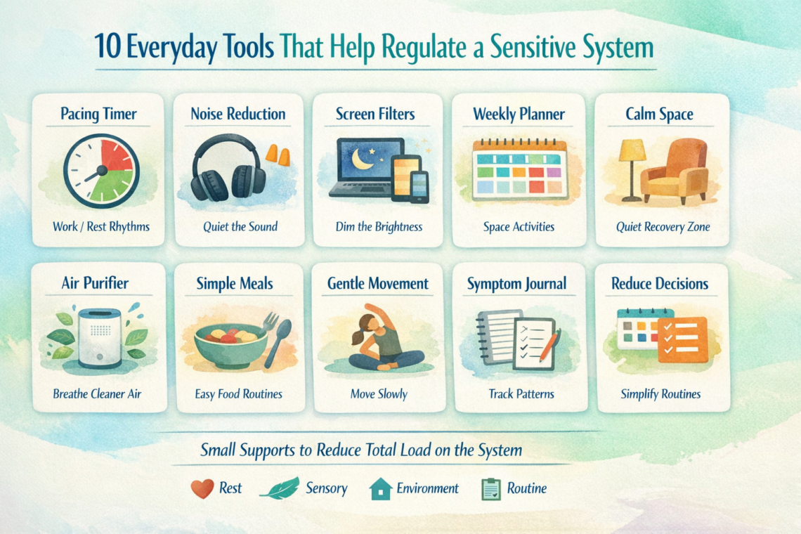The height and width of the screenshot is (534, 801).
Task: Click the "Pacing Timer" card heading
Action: coord(98,113)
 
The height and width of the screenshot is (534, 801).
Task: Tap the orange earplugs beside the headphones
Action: coord(278,155)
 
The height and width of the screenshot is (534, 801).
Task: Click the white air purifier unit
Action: coord(100,338)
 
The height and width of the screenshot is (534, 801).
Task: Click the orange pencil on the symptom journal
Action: coord(549,345)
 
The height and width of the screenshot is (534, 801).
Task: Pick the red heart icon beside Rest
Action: coord(202,488)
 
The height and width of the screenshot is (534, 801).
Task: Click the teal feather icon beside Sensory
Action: coord(280,488)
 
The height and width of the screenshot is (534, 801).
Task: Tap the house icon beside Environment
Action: coord(381,488)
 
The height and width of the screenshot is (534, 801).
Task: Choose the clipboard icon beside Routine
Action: coord(491,488)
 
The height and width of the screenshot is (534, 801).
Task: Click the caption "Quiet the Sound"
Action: coord(240,226)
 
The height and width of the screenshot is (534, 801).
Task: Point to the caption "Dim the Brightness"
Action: coord(379,226)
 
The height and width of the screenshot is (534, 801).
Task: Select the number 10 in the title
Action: coord(108,47)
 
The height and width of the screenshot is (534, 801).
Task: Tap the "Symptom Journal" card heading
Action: coord(516,284)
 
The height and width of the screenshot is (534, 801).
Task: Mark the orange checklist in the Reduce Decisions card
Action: coord(683,339)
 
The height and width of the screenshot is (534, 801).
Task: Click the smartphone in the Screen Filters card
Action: coord(420,187)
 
